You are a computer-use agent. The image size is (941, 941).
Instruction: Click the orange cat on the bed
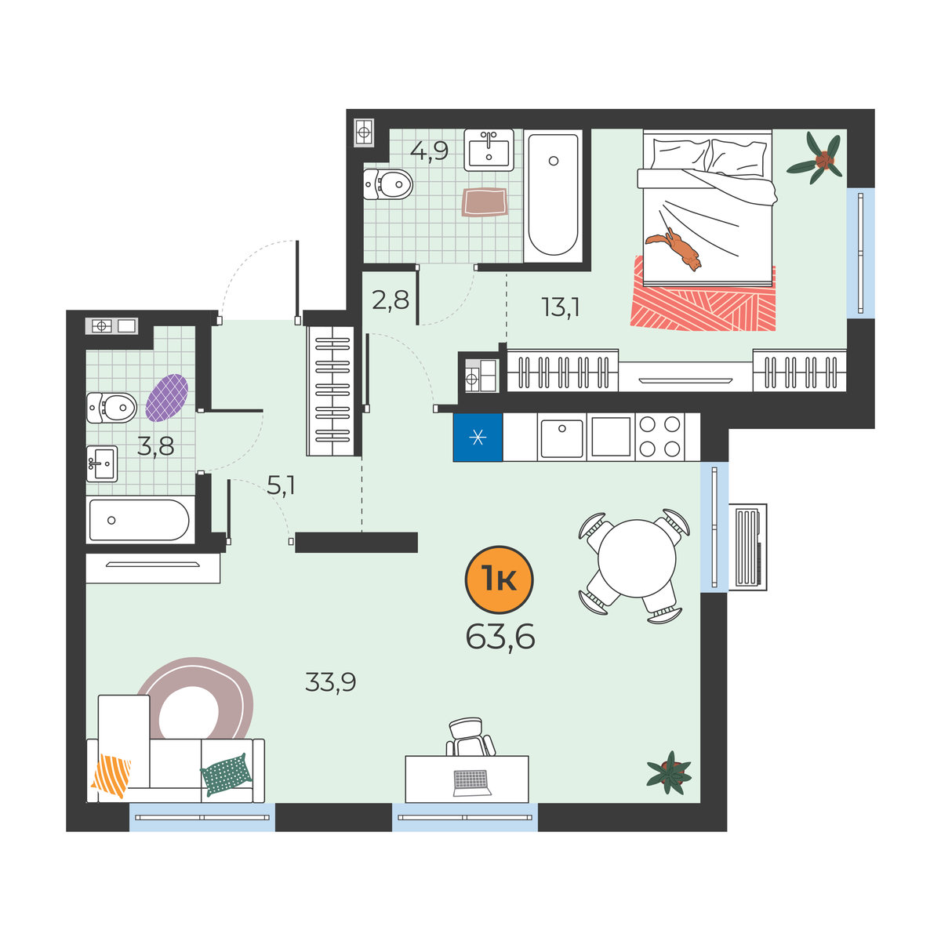point(675,249)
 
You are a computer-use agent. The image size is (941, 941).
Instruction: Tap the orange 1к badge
point(499,579)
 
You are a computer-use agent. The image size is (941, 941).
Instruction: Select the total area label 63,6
point(500,638)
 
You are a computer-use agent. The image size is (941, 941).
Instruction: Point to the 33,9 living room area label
point(331,683)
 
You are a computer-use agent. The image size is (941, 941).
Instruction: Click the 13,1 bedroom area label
point(560,307)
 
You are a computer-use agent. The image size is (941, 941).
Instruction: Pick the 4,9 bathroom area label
point(429,151)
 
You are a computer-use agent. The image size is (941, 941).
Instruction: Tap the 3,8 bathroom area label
point(155,446)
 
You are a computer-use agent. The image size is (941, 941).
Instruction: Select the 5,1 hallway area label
point(281,486)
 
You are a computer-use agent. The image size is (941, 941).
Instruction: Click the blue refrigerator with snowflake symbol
point(478,437)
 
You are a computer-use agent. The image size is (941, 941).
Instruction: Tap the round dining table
point(637,558)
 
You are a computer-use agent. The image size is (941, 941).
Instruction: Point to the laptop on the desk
point(472,783)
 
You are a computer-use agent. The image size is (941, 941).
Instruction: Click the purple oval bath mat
point(167,398)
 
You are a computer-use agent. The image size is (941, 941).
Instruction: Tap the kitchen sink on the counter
point(561,437)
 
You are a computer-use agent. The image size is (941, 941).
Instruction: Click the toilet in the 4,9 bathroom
point(388,184)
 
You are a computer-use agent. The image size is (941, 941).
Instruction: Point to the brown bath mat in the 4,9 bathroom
point(485,202)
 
